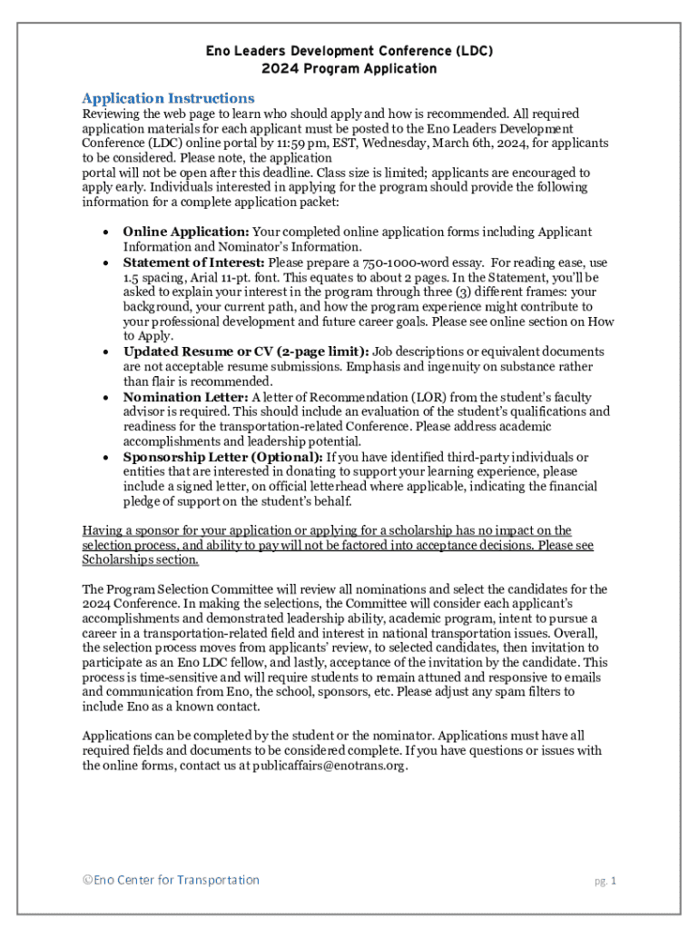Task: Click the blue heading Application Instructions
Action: tap(168, 98)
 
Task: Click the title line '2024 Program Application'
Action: tap(349, 68)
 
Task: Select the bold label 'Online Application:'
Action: tap(186, 232)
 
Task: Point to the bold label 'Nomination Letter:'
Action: tap(186, 396)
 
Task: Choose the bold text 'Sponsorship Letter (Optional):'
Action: tap(222, 457)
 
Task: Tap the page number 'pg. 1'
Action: tap(605, 881)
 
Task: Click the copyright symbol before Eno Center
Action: tap(87, 880)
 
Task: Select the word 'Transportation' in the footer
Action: tap(218, 880)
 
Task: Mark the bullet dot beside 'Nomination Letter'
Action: tap(105, 397)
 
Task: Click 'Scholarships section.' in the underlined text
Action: tap(141, 559)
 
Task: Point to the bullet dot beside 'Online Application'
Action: tap(105, 232)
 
